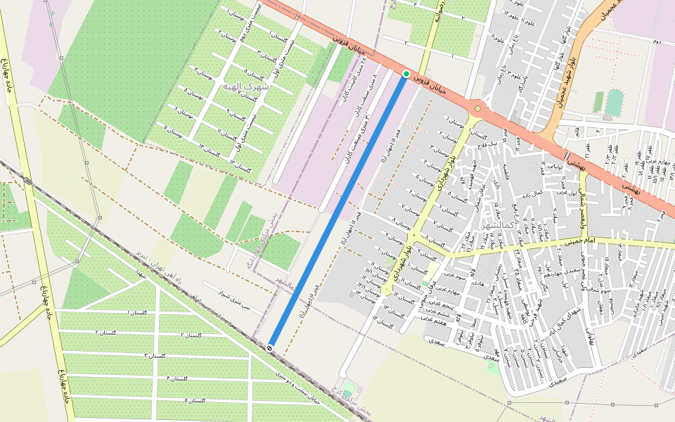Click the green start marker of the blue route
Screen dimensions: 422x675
tap(406, 74)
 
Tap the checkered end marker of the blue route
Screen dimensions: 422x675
tap(270, 347)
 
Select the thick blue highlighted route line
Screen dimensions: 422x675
tap(337, 211)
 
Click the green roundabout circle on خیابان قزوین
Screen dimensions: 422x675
tap(478, 108)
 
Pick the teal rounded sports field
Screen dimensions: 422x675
tap(615, 102)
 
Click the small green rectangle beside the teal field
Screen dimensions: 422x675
tap(598, 102)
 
